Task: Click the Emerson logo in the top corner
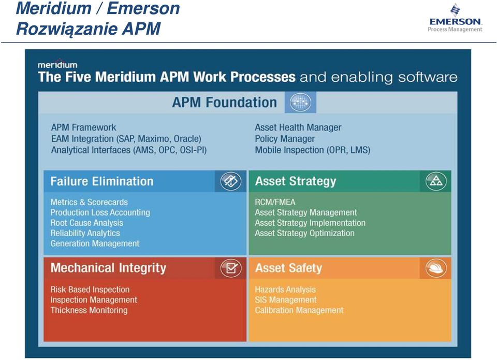[x=455, y=18]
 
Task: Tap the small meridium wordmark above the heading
[x=57, y=64]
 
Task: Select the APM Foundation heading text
[x=224, y=103]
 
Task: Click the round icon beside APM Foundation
[x=300, y=103]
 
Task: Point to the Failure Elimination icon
[x=230, y=181]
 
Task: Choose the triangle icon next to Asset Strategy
[x=436, y=181]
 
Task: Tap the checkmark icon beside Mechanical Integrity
[x=231, y=268]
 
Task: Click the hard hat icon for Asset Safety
[x=436, y=268]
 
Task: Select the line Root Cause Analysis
[x=86, y=223]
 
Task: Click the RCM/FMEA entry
[x=275, y=202]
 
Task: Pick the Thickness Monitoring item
[x=89, y=310]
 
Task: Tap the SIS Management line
[x=286, y=300]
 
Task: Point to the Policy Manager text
[x=285, y=139]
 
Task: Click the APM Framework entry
[x=84, y=127]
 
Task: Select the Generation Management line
[x=95, y=243]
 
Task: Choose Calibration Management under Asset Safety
[x=299, y=310]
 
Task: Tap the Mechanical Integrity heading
[x=108, y=268]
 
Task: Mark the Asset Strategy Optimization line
[x=304, y=233]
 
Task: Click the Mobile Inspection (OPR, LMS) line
[x=313, y=150]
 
